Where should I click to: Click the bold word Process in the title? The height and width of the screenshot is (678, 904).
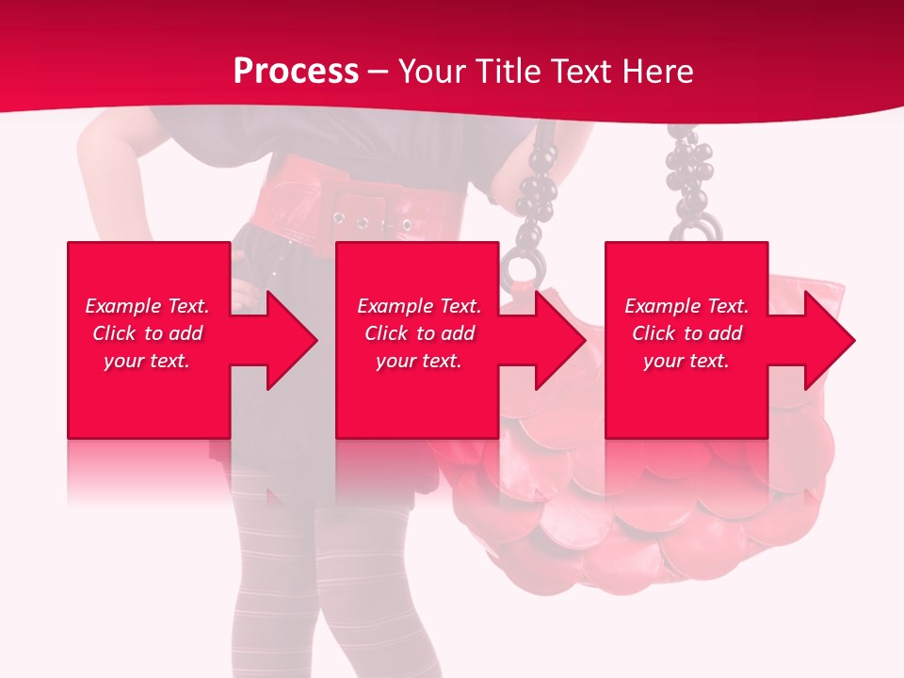(296, 72)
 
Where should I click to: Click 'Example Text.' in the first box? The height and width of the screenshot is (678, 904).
(147, 306)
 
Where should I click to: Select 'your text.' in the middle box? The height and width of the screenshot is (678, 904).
(418, 361)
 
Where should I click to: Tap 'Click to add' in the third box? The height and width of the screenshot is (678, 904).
(686, 333)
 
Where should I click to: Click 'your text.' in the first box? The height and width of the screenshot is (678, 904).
(147, 361)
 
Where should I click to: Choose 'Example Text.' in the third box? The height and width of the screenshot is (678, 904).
(686, 306)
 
